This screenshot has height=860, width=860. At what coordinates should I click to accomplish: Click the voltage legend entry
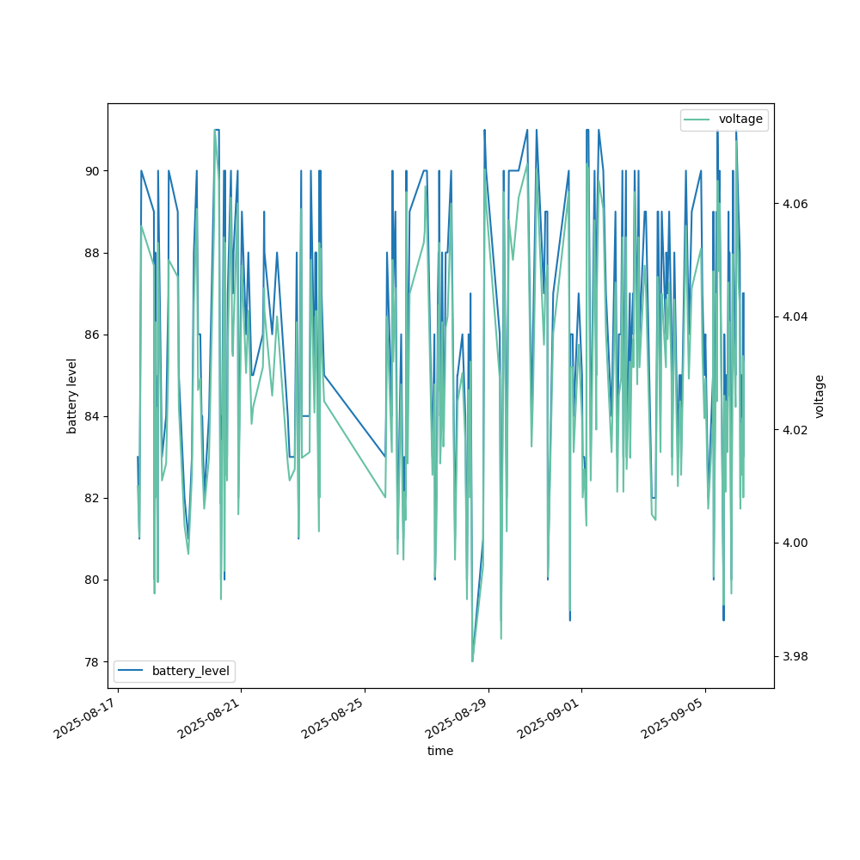point(740,120)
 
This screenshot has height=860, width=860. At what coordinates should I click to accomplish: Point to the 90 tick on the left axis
point(92,171)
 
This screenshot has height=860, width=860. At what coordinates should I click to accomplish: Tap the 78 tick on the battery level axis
point(92,661)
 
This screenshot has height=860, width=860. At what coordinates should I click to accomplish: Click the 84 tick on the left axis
point(92,416)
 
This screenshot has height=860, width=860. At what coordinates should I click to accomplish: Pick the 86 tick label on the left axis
point(92,335)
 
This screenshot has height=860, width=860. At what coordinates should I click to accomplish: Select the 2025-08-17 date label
point(86,718)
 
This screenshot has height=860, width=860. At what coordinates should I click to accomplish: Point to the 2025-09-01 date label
point(550,718)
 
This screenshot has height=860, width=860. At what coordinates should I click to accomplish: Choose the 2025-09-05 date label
point(674,718)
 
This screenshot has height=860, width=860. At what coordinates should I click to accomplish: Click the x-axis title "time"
point(440,751)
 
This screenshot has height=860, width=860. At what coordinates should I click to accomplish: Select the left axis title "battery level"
point(72,396)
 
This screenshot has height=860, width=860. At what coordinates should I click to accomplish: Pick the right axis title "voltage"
point(820,396)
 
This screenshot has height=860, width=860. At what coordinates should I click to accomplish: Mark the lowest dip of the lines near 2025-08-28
point(472,660)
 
